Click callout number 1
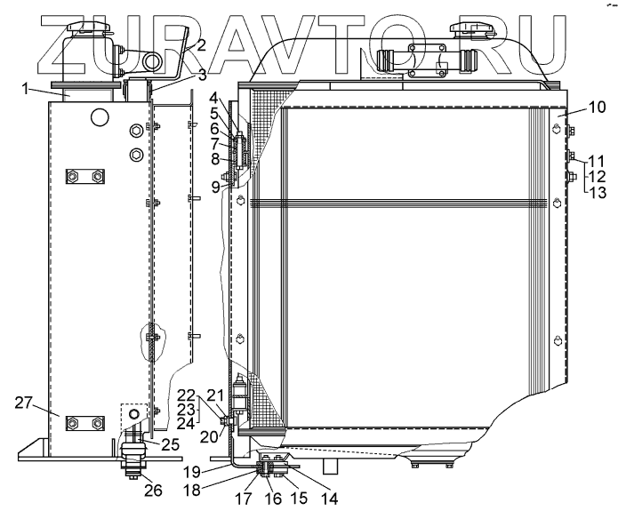pyautogui.click(x=25, y=89)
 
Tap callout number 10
pyautogui.click(x=597, y=108)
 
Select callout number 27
pyautogui.click(x=23, y=403)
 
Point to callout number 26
pyautogui.click(x=153, y=491)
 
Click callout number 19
pyautogui.click(x=191, y=472)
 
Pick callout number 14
pyautogui.click(x=330, y=499)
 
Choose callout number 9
pyautogui.click(x=215, y=187)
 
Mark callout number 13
pyautogui.click(x=597, y=193)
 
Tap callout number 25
pyautogui.click(x=170, y=444)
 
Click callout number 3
pyautogui.click(x=202, y=75)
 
